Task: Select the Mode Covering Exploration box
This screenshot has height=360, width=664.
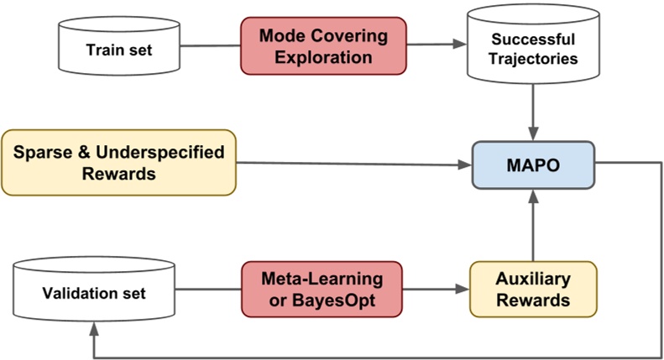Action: [323, 47]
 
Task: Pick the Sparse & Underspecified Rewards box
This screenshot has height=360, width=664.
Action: [118, 162]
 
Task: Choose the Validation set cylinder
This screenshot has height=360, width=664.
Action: [95, 293]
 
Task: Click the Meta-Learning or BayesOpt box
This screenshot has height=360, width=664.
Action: [322, 288]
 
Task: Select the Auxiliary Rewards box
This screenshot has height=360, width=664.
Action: [532, 289]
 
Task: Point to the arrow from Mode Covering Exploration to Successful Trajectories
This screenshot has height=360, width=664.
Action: [436, 46]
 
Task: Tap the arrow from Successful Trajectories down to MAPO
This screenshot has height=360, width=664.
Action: [533, 113]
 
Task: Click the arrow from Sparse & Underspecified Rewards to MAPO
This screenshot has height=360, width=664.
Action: [353, 164]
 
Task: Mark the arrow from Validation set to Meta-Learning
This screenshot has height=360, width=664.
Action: [209, 289]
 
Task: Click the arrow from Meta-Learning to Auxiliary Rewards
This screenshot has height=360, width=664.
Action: [436, 289]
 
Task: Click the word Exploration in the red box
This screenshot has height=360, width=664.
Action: [323, 57]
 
